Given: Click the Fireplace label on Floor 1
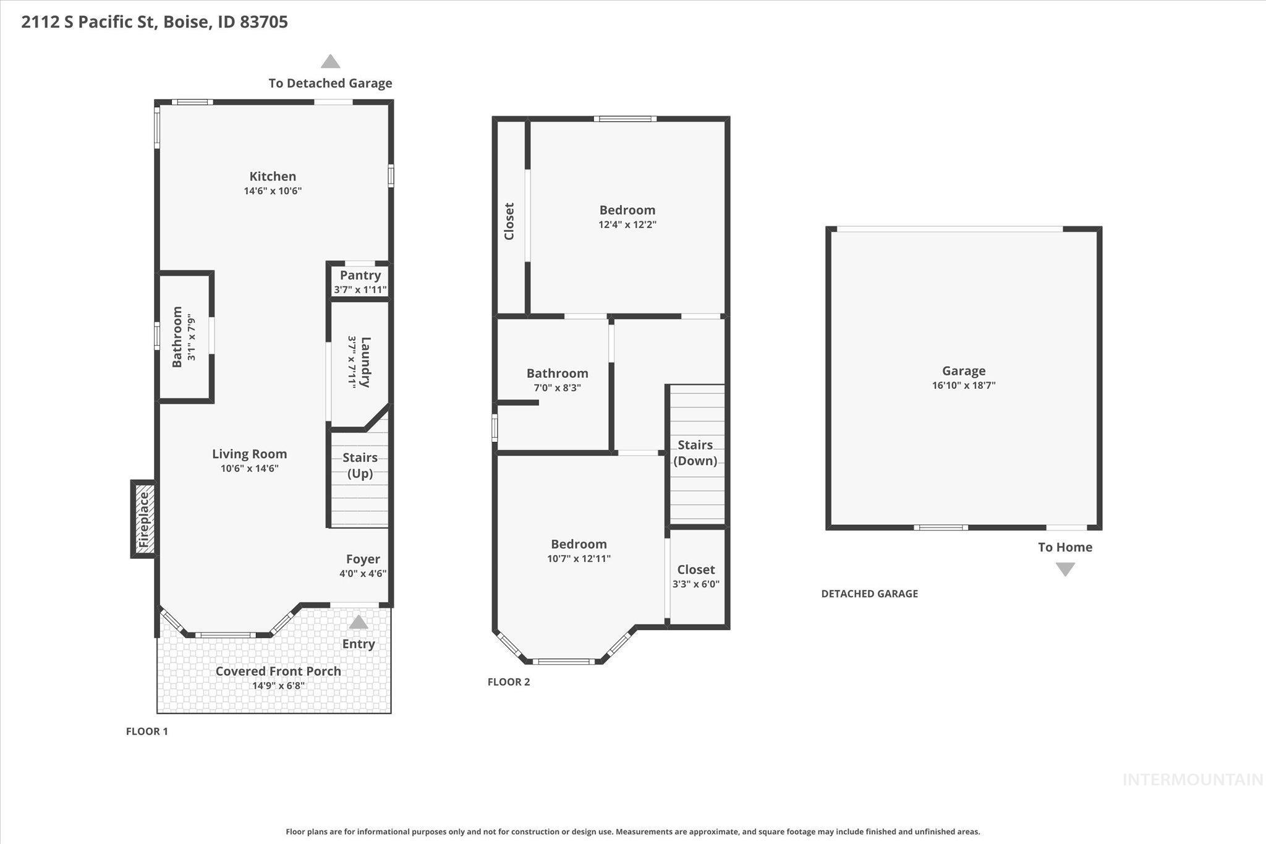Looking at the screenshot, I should point(143,520).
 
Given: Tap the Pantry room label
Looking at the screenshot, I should point(360,275).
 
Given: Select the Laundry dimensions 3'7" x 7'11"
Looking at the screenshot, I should point(352,362).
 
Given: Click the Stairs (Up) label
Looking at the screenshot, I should point(360,465).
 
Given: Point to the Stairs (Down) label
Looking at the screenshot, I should point(695,453).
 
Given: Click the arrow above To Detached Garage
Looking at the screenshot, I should point(331,62).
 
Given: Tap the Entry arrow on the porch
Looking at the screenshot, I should point(359,622).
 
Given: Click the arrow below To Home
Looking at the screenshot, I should point(1065,569).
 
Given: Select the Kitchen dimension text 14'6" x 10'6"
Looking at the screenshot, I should point(273,191).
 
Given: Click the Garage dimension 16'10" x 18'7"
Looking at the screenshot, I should point(964,385).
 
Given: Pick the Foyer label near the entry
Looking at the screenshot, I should point(363,559).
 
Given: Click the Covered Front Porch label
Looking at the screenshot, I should point(278,671).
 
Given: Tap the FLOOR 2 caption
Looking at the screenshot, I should point(509,682).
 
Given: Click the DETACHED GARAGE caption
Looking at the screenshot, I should point(869,594).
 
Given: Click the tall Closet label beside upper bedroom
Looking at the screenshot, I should point(509,221).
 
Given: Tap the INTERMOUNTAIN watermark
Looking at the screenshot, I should point(1192,780).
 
